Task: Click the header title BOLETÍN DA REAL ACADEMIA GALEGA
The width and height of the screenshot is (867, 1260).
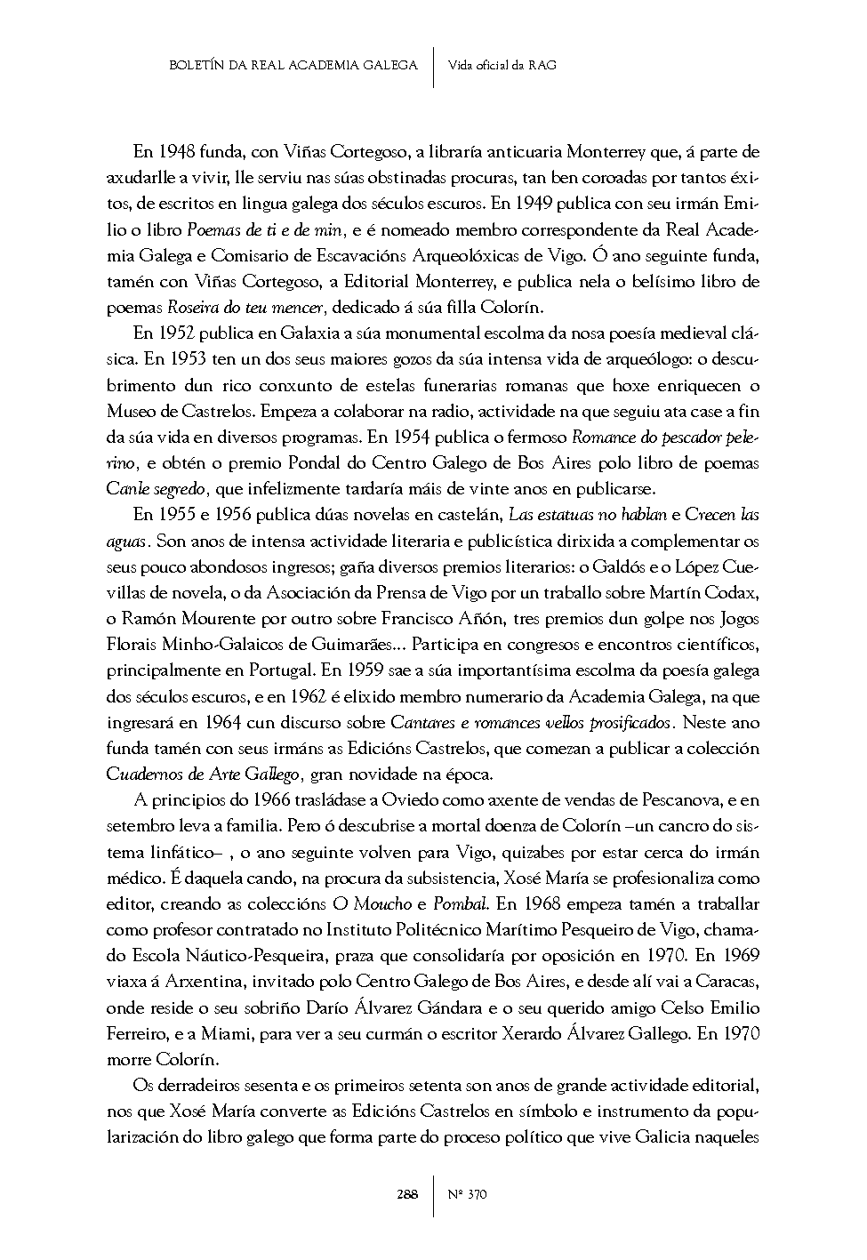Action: pos(293,65)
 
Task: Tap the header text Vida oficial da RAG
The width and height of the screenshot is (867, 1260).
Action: pos(502,65)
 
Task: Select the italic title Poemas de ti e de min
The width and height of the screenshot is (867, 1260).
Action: pos(252,230)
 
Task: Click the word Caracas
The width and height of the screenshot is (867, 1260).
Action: pos(727,982)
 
